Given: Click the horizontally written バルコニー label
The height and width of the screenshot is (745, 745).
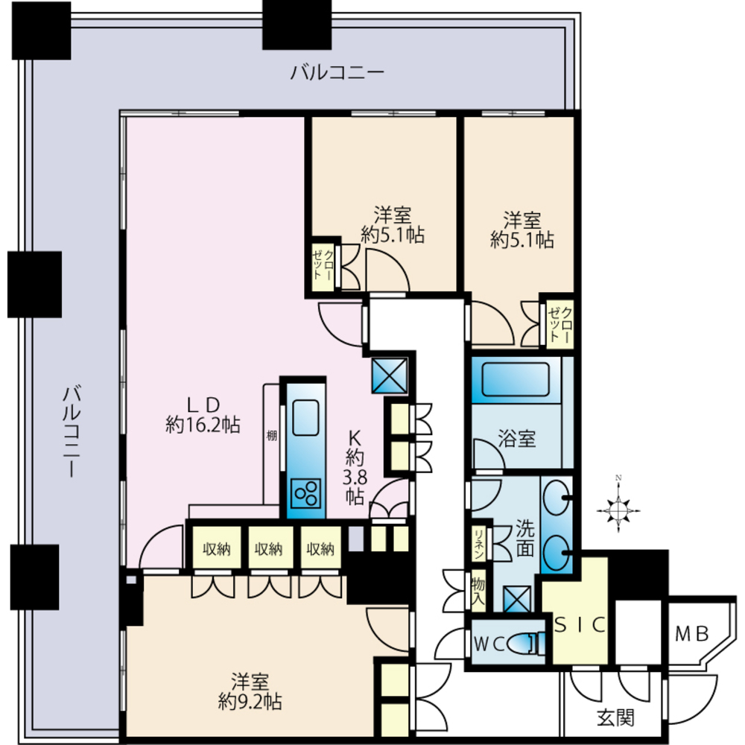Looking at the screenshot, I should click(337, 72).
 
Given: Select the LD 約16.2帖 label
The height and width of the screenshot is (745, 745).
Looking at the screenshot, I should click(203, 415).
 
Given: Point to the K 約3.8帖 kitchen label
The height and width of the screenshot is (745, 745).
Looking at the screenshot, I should click(354, 466).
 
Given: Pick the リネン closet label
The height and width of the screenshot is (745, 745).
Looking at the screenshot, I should click(478, 545).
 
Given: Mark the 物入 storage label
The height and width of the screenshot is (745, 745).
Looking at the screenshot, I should click(478, 589).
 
